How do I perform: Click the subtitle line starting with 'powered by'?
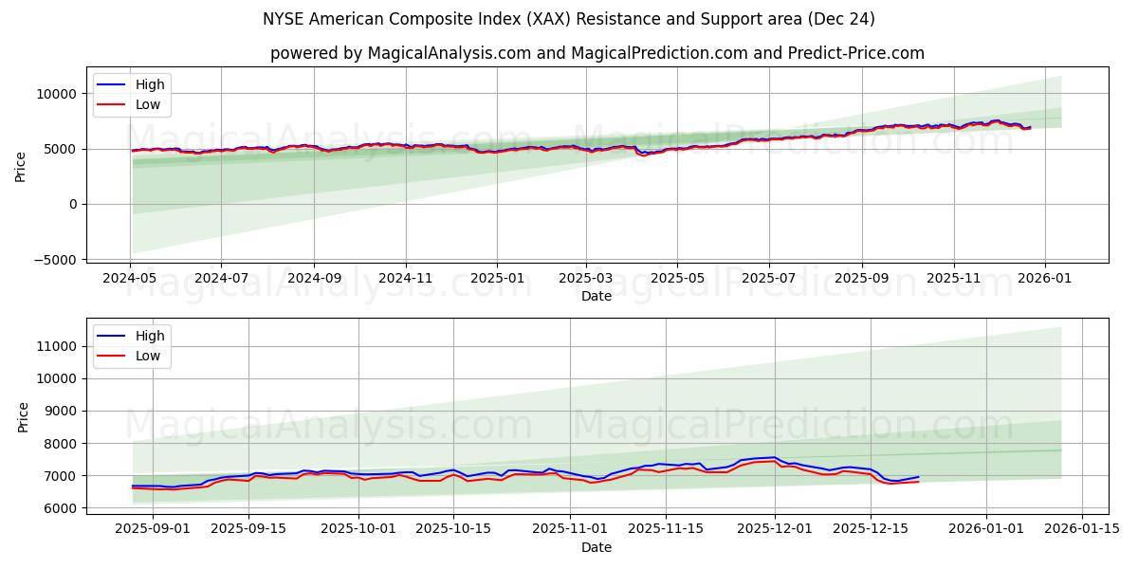pyautogui.click(x=597, y=53)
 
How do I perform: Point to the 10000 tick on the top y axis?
pyautogui.click(x=58, y=94)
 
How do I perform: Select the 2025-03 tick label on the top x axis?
pyautogui.click(x=585, y=279)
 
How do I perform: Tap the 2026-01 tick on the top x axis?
pyautogui.click(x=1045, y=279)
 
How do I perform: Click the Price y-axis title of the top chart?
pyautogui.click(x=21, y=165)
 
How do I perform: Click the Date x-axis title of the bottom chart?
pyautogui.click(x=597, y=547)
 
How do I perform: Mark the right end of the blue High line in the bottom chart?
pyautogui.click(x=918, y=477)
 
